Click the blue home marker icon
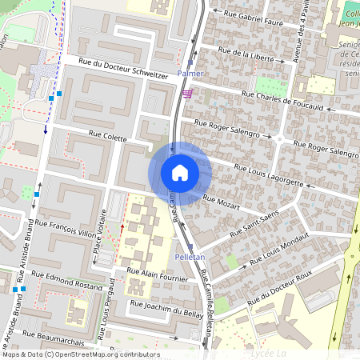tap(180, 173)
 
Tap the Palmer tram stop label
tap(190, 74)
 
